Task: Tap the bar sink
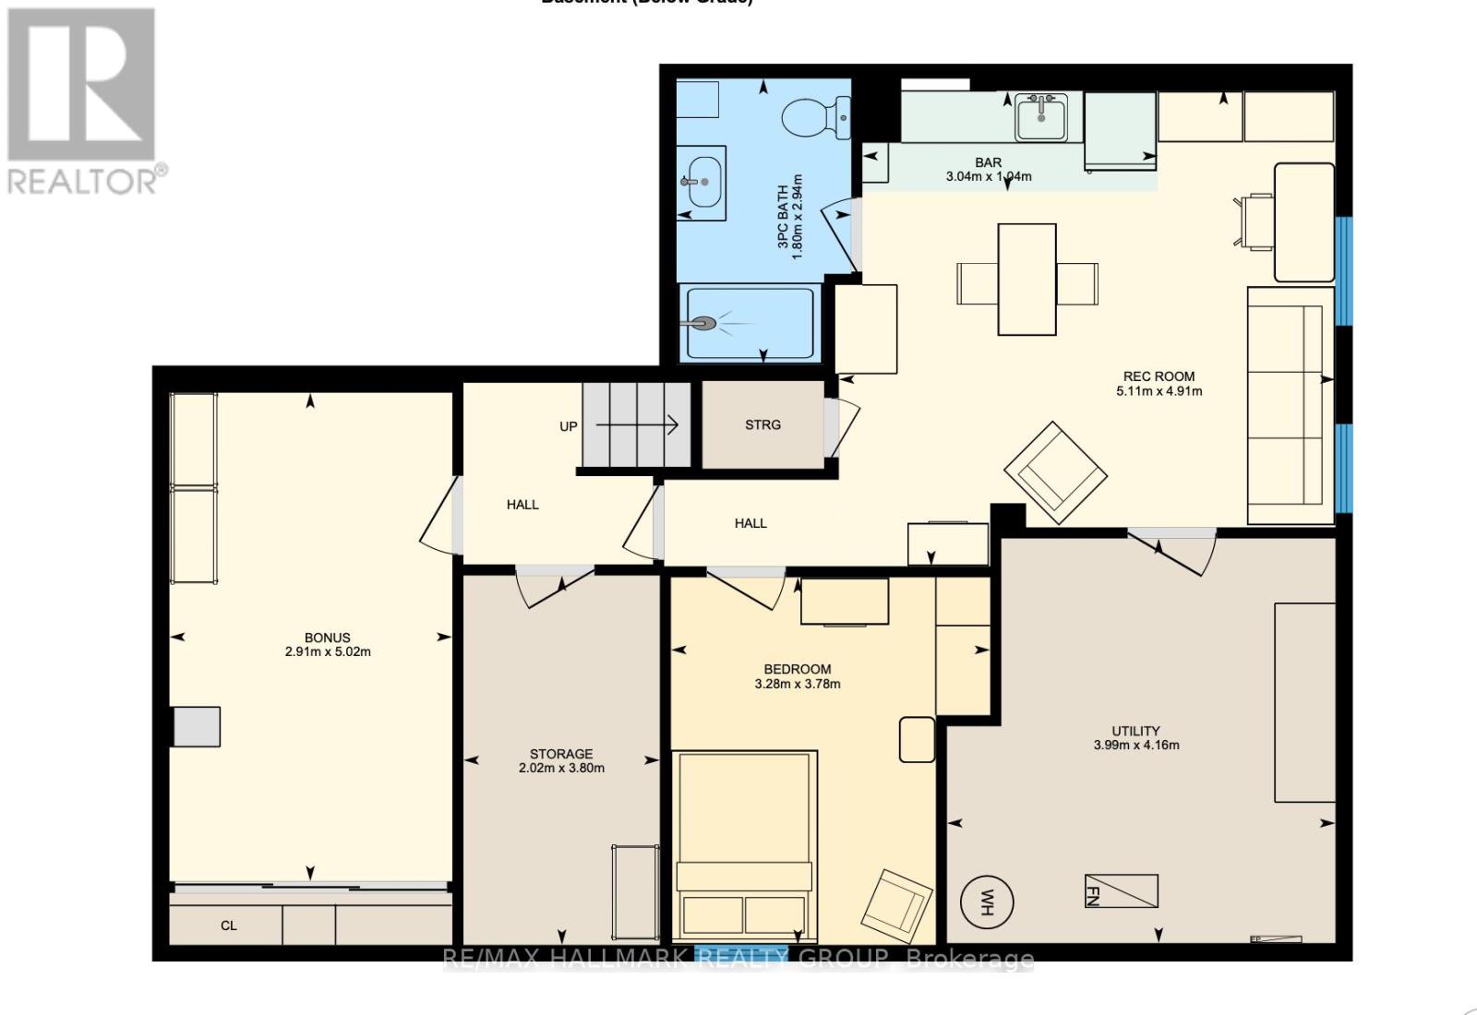[1041, 117]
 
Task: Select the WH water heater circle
[987, 901]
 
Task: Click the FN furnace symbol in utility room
[1121, 891]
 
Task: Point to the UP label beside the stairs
[569, 426]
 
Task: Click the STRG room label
[763, 424]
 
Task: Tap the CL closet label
[229, 925]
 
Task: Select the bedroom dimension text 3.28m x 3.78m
[798, 684]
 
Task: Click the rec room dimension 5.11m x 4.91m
[1159, 390]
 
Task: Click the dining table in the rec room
[1027, 280]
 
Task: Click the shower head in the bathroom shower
[705, 324]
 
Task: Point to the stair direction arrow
[637, 425]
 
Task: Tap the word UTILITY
[1135, 731]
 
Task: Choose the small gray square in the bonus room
[198, 726]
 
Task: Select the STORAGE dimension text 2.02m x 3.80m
[561, 768]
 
